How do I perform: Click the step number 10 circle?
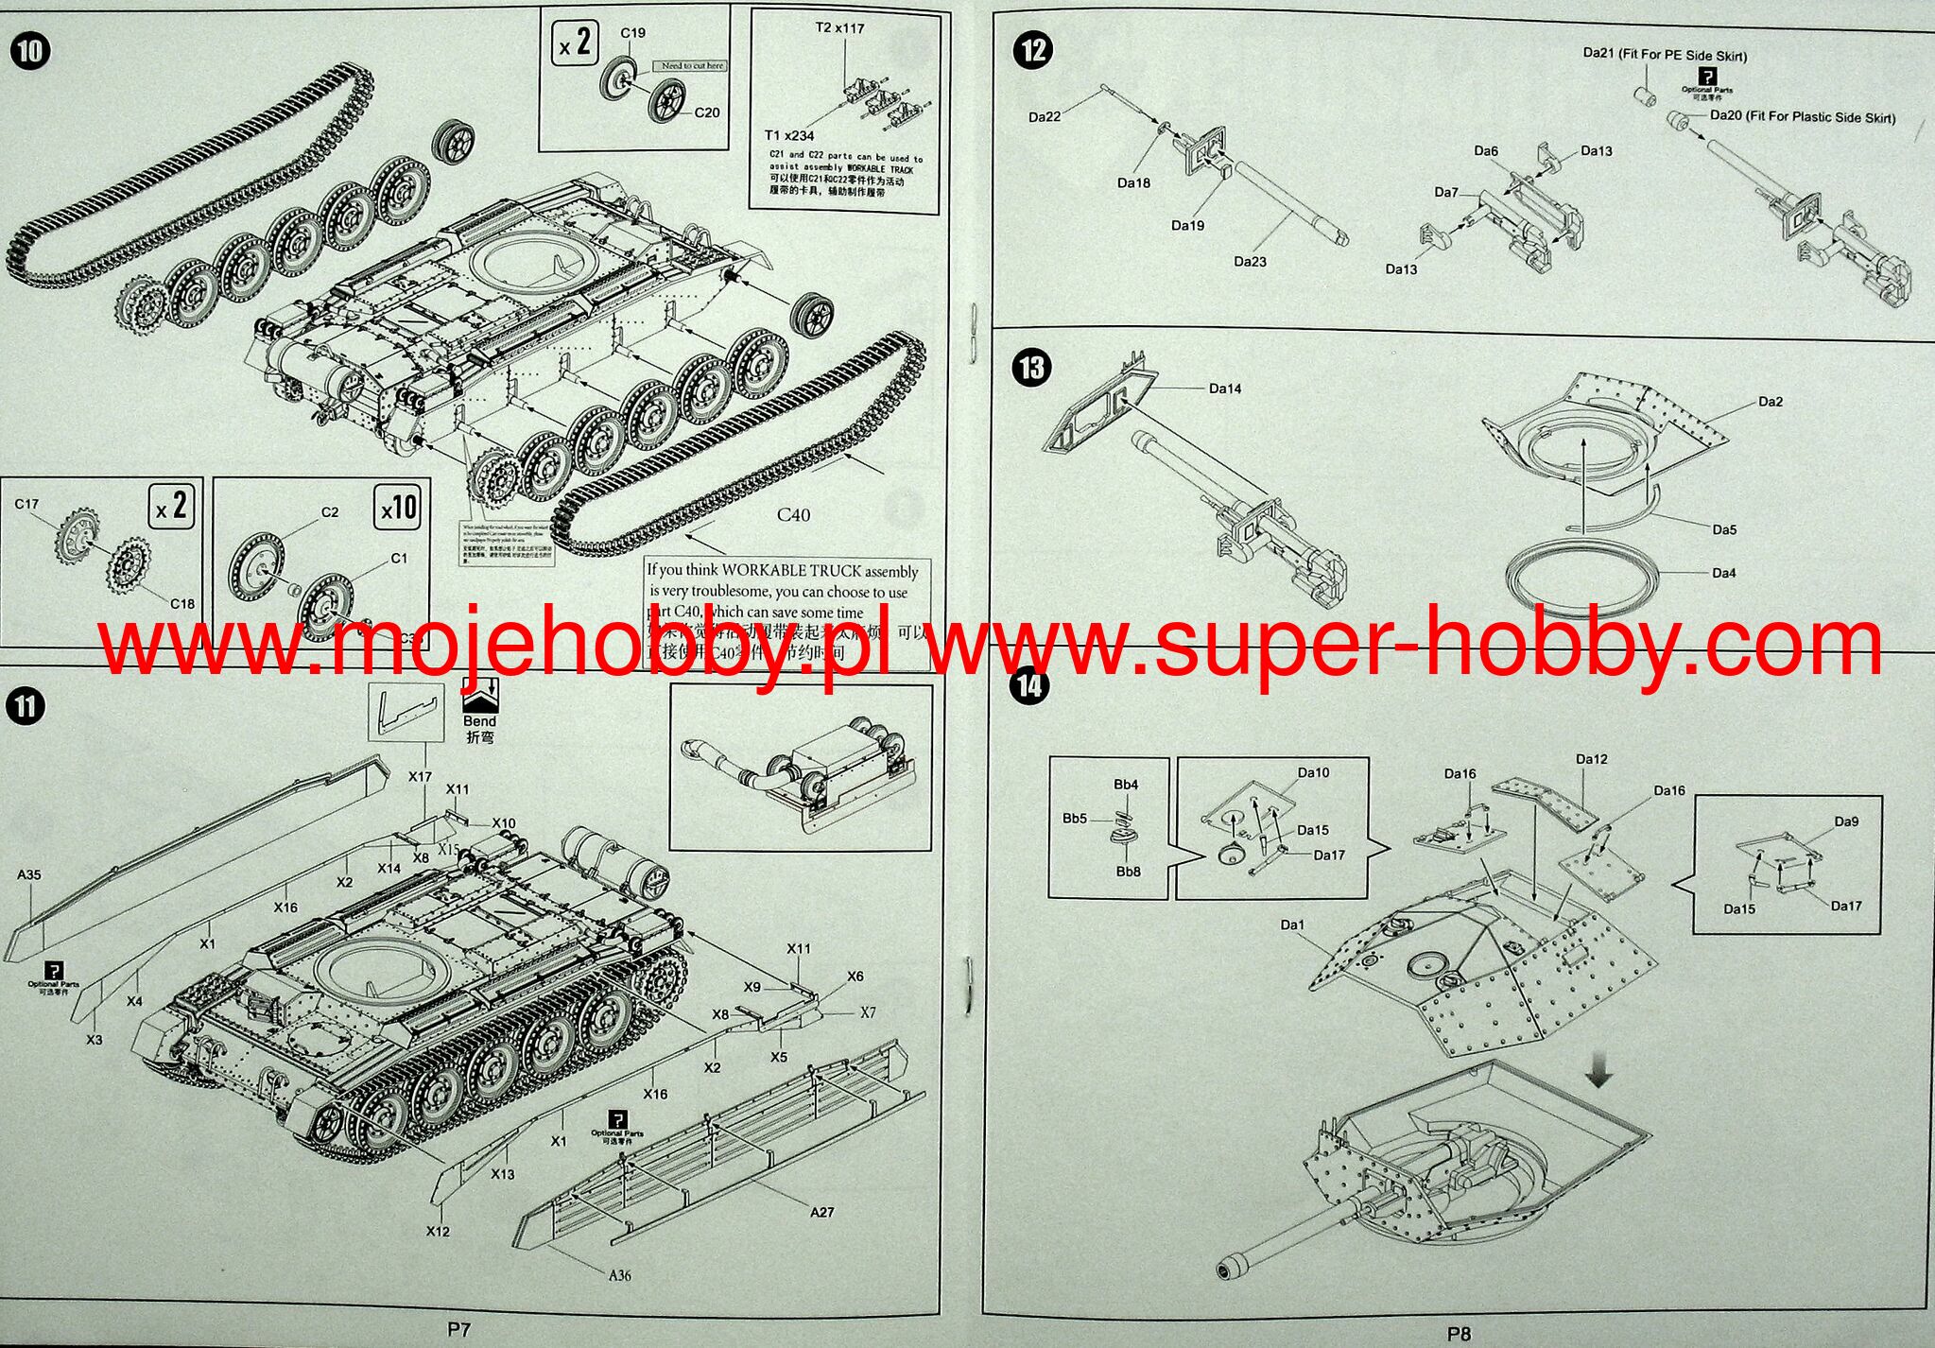tap(29, 49)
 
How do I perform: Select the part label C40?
tap(793, 515)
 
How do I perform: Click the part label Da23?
tap(1250, 261)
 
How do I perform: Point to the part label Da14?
tap(1225, 389)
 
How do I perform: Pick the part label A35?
tap(29, 874)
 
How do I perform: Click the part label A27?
tap(821, 1212)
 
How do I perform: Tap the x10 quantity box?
tap(398, 509)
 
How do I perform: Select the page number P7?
tap(458, 1329)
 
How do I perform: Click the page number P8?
tap(1459, 1334)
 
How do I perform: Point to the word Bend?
tap(479, 721)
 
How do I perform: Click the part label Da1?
tap(1292, 925)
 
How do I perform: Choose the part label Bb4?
tap(1126, 785)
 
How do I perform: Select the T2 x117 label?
tap(839, 28)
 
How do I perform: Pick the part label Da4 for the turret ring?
tap(1723, 573)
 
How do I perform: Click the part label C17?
tap(26, 504)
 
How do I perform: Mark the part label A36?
tap(619, 1275)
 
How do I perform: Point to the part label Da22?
tap(1045, 117)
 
